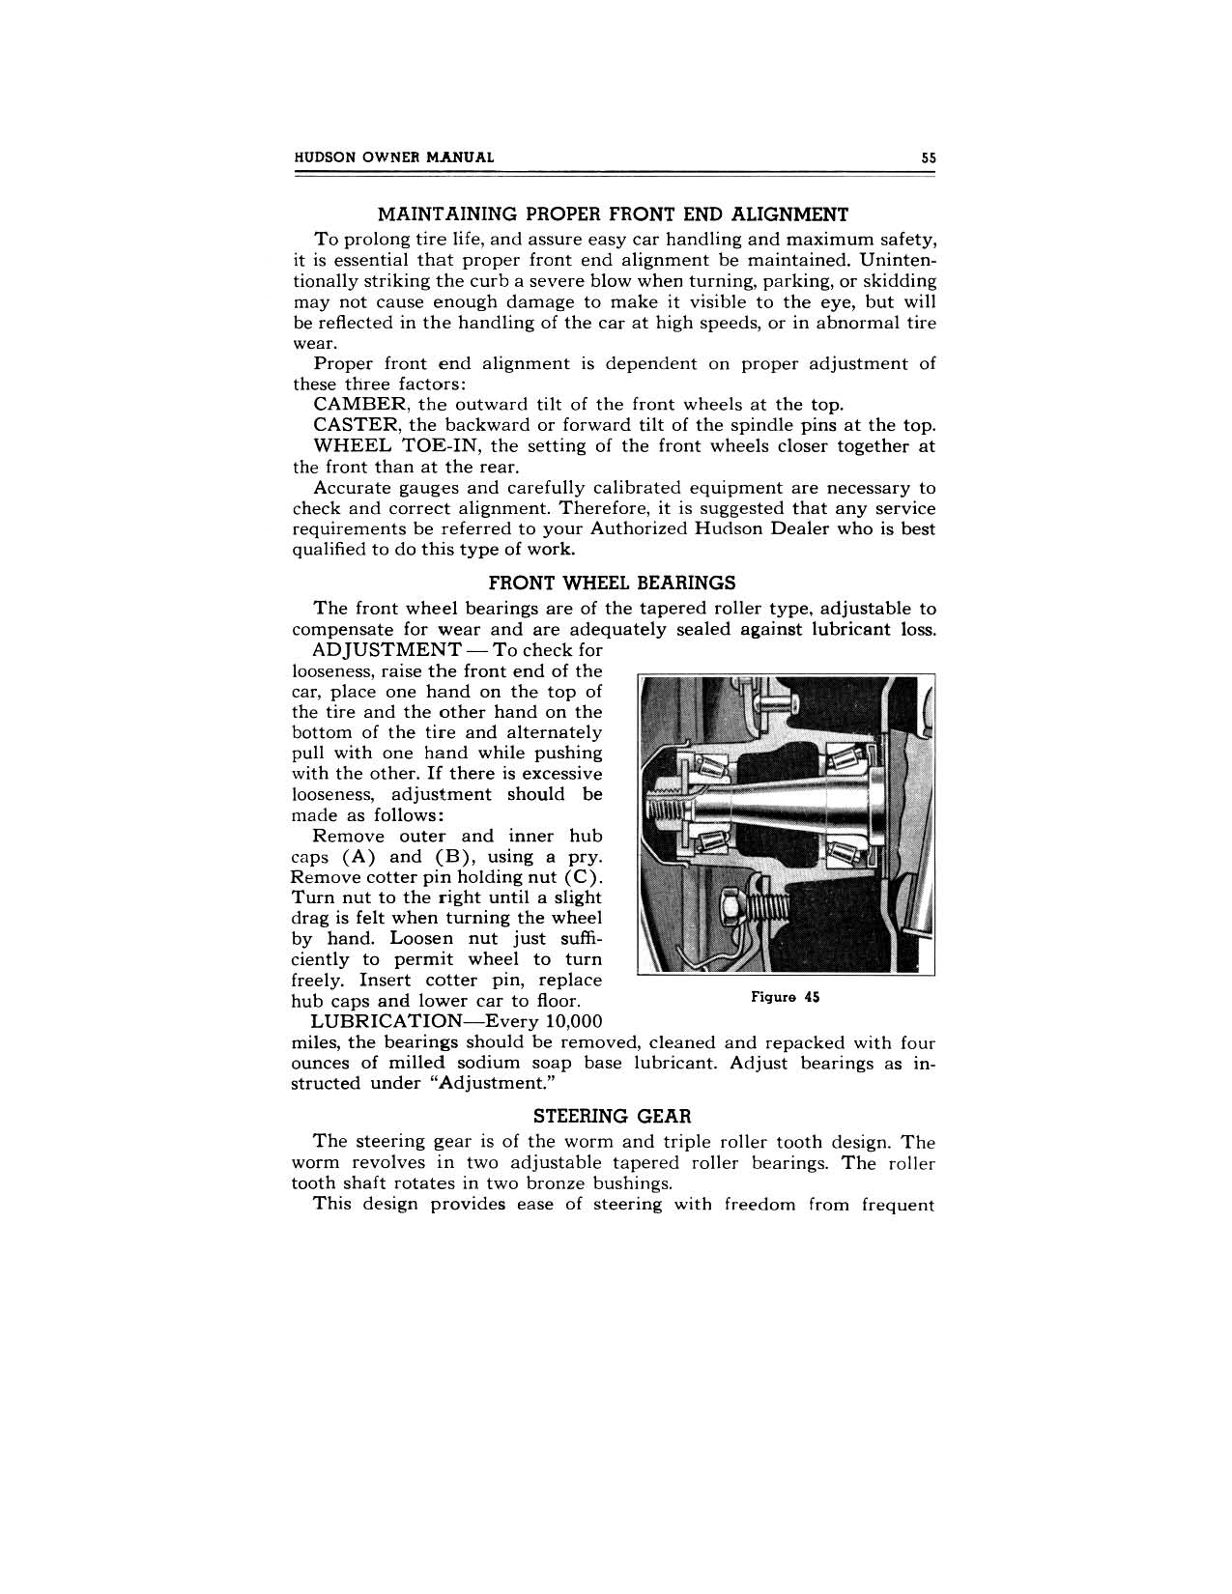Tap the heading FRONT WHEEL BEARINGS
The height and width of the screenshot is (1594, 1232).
[612, 583]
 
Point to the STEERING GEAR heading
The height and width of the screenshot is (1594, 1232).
[613, 1117]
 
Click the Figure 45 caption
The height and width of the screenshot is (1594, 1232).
[785, 997]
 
